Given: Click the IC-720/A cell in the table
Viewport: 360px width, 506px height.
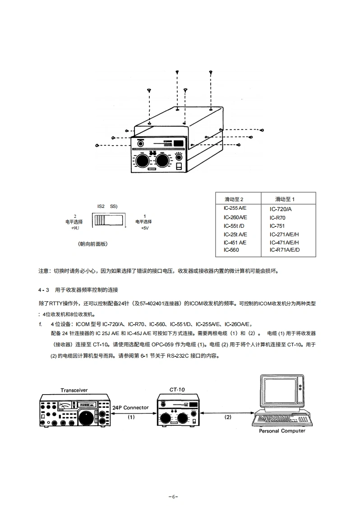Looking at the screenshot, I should [281, 209].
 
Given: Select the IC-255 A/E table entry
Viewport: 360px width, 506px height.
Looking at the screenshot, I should [235, 208].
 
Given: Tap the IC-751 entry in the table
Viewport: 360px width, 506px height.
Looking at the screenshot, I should [277, 226].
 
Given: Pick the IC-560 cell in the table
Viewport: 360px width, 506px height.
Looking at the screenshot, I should [231, 250].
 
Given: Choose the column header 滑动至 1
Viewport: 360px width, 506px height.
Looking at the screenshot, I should [285, 199].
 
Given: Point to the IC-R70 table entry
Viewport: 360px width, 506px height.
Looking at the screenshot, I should [277, 218].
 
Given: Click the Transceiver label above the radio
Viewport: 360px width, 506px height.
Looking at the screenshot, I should [74, 390].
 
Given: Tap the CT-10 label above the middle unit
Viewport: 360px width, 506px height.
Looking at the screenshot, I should [177, 389].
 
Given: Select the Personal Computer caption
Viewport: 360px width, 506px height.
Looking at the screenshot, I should [282, 431].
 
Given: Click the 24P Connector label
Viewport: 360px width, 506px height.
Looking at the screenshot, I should [130, 407].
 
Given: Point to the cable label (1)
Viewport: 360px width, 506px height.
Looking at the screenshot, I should [131, 417].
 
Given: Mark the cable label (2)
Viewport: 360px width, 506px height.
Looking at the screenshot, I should [228, 417].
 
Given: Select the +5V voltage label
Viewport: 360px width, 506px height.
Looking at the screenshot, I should [144, 228].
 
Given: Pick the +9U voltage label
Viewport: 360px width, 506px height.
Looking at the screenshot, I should [75, 228].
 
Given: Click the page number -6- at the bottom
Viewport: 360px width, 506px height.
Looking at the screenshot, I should [173, 496].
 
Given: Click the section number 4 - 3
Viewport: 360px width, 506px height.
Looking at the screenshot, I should [43, 289].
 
